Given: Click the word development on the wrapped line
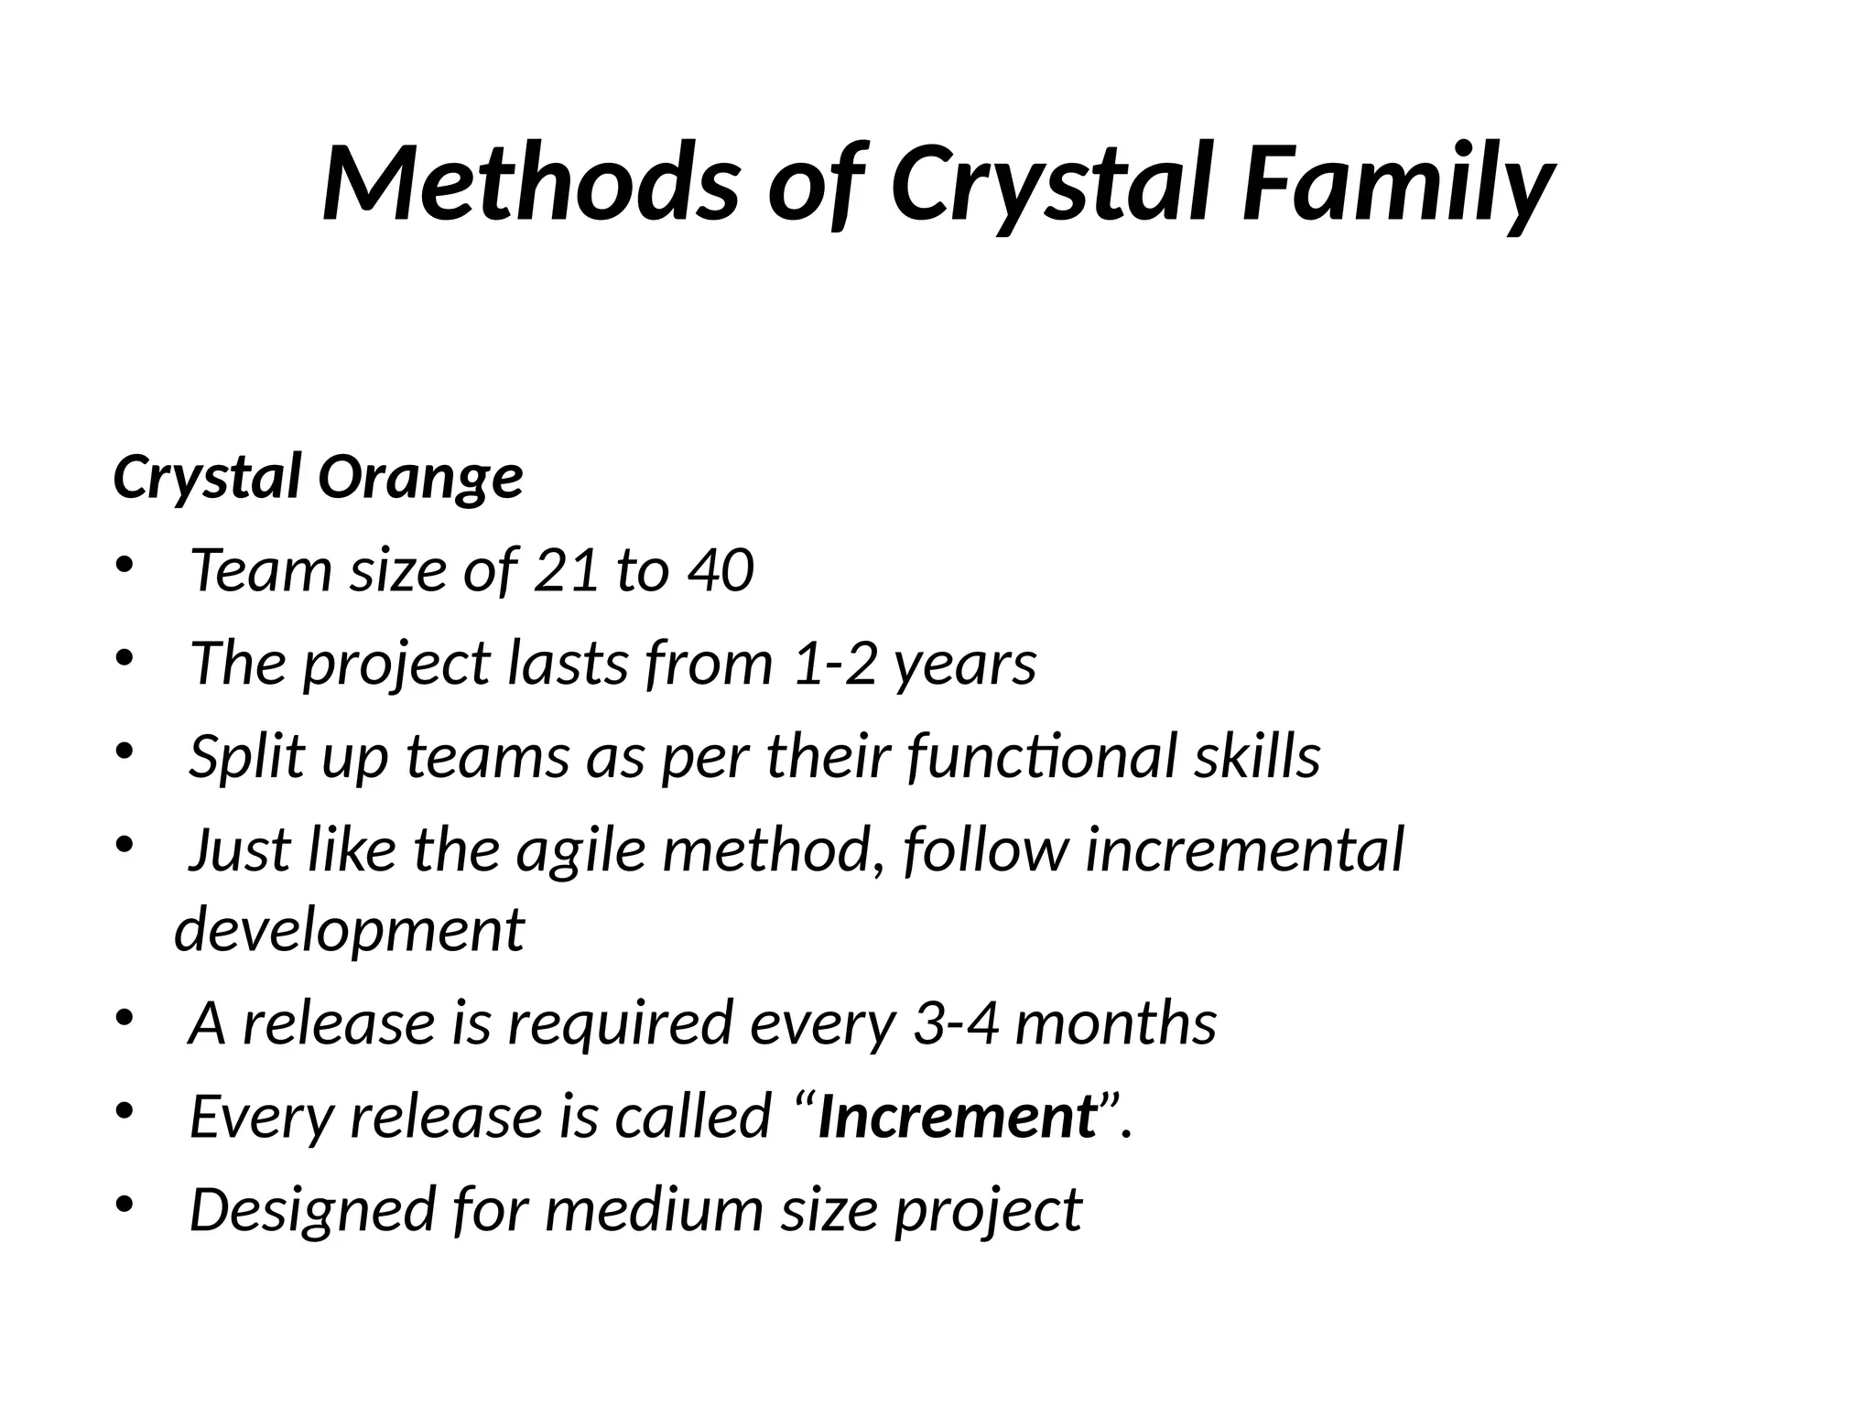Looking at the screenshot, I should [349, 929].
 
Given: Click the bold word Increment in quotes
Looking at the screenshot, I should [957, 1117].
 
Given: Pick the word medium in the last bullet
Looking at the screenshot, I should [654, 1209].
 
